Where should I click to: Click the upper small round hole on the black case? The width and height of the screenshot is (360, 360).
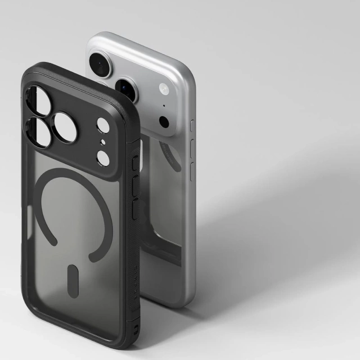pos(103,125)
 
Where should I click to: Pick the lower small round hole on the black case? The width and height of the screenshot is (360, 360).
pos(103,158)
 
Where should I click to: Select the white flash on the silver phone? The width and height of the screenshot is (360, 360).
pos(164,89)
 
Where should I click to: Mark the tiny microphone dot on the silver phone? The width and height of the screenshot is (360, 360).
pos(164,105)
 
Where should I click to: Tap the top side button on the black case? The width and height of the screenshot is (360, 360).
pos(134,164)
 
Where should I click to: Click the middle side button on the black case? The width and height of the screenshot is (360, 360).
pos(134,186)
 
